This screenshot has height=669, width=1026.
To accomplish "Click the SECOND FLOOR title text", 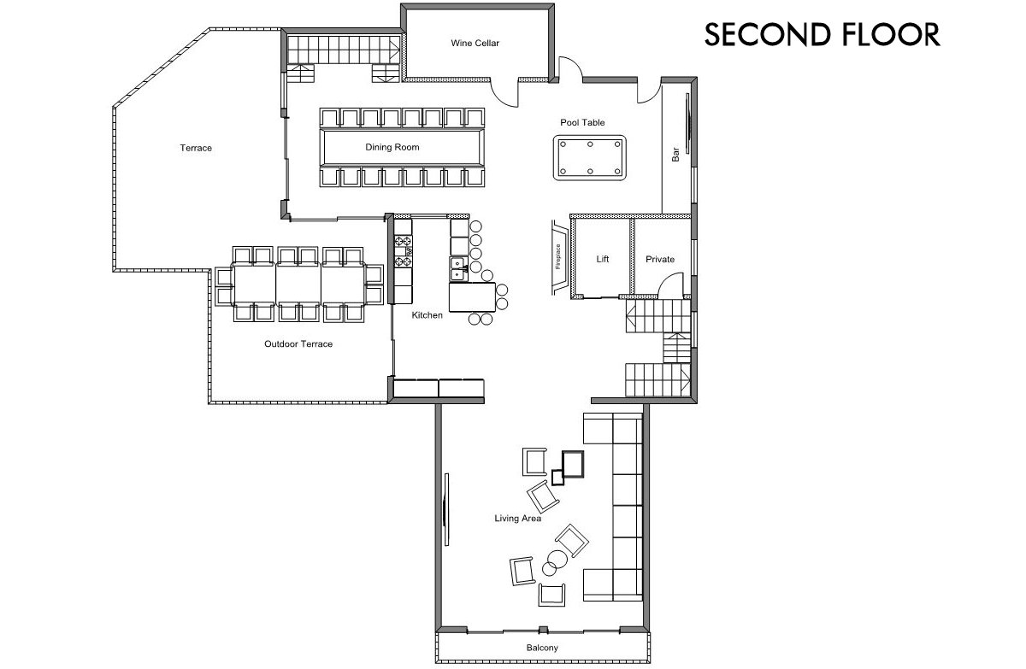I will [x=822, y=34].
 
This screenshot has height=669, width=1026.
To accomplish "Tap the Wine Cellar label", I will [x=475, y=43].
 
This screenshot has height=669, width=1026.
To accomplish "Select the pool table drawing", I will [x=590, y=157].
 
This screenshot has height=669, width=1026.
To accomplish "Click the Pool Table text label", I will [x=582, y=123].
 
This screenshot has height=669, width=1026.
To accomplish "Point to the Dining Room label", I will [x=392, y=148].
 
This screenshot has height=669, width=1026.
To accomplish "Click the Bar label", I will [x=675, y=154].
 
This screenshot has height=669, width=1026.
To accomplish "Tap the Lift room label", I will [x=603, y=259].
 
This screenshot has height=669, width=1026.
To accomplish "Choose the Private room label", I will [x=660, y=259].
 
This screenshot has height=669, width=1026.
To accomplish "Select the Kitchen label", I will [x=427, y=315].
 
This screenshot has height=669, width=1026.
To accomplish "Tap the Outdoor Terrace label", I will [x=298, y=344].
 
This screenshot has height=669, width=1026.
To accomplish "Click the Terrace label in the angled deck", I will [x=196, y=148].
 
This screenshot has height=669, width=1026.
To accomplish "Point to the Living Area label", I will [x=517, y=519].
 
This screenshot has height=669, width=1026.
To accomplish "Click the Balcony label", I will [x=542, y=648].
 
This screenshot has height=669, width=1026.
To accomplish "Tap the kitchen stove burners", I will [x=403, y=249].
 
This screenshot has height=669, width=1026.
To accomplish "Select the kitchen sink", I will [x=457, y=268].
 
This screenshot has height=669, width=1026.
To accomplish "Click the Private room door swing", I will [x=672, y=284].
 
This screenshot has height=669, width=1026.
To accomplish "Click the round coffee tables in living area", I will [x=556, y=566].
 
